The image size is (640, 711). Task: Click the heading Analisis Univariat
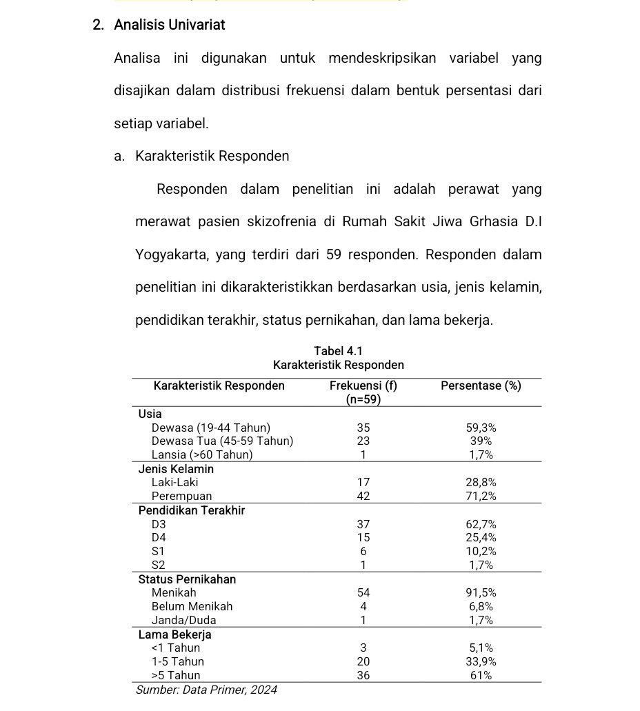(170, 25)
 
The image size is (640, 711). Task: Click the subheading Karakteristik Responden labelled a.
(212, 156)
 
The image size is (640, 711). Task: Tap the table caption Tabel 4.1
(338, 352)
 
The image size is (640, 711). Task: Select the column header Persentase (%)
(481, 385)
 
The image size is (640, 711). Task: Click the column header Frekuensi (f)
(363, 385)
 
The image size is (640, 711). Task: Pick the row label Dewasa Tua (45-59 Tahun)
(222, 441)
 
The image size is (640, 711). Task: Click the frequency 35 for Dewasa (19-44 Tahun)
(363, 428)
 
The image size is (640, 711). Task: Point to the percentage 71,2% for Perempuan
(481, 496)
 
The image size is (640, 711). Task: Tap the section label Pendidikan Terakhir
(192, 510)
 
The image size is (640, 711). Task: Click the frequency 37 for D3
(363, 524)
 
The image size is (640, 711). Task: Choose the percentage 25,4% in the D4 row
(481, 537)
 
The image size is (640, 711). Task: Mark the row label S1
(159, 551)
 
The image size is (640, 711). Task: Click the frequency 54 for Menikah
(363, 592)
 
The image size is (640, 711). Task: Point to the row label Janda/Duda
(183, 620)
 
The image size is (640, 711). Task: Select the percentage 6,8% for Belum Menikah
(481, 606)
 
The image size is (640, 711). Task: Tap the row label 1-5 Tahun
(177, 661)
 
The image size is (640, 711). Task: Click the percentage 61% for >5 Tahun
(481, 675)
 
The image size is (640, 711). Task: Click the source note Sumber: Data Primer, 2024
(206, 690)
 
